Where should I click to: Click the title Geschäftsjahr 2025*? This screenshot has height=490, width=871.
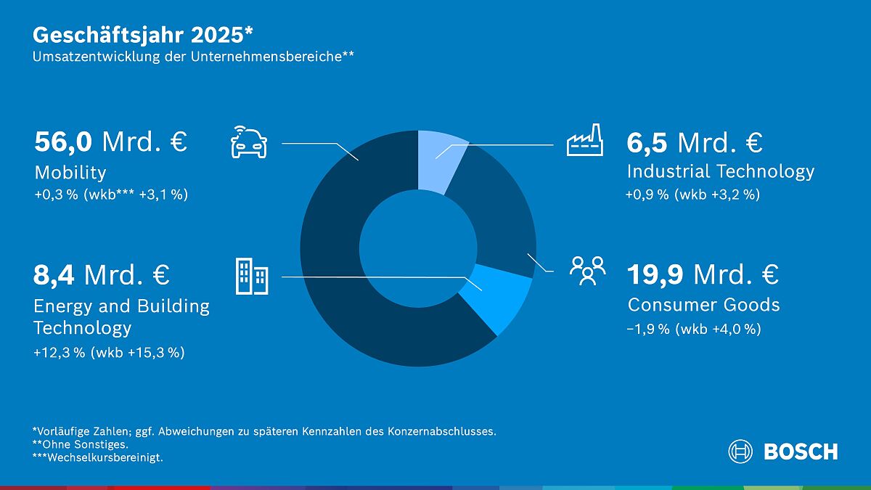(143, 35)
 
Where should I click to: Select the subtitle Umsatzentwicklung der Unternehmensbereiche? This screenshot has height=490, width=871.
(192, 57)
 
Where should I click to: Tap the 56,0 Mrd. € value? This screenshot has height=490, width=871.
(110, 142)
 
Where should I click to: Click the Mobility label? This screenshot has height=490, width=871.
(70, 173)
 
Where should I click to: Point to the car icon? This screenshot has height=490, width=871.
(249, 141)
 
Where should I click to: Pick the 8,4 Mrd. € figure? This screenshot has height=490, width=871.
(102, 276)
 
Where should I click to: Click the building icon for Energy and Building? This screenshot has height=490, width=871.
(251, 277)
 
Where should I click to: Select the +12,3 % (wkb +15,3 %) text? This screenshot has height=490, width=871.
(109, 353)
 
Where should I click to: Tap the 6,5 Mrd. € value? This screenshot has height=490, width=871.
(694, 142)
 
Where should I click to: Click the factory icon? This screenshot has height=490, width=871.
(585, 140)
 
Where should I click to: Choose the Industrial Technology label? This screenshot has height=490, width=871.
(720, 171)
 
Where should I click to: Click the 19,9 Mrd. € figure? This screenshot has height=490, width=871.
(702, 275)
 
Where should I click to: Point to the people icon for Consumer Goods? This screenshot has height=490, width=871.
(587, 269)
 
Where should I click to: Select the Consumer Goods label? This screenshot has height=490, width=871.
(703, 305)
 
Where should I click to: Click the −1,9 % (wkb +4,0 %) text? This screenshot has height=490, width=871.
(693, 329)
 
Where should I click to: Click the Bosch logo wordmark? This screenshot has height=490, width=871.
(800, 452)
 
